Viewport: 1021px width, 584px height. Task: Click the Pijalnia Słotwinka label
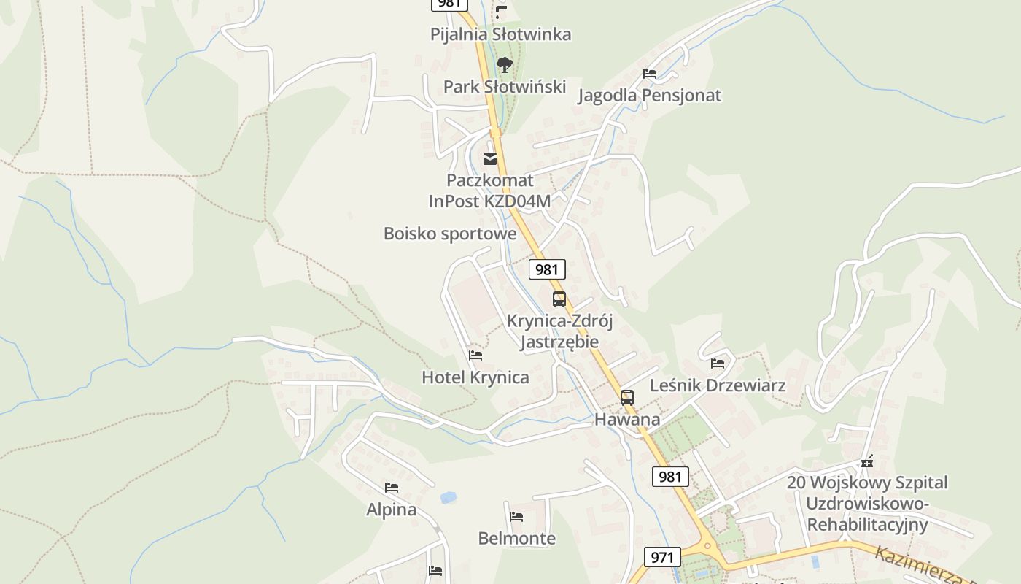500,34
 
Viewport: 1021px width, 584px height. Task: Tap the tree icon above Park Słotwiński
504,66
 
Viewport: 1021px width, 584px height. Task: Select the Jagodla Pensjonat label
649,96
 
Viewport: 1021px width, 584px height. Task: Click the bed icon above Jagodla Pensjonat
650,74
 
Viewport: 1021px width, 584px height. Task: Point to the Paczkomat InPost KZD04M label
489,191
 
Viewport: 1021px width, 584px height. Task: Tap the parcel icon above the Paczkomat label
490,158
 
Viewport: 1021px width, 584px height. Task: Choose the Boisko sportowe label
450,234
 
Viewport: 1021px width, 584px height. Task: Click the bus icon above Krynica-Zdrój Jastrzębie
559,299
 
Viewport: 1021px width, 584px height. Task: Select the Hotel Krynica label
475,377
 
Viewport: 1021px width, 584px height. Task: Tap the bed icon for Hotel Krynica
475,356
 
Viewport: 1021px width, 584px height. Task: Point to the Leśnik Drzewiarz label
718,385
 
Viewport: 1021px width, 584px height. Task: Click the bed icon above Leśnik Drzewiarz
718,363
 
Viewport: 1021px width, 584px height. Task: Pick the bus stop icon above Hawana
626,398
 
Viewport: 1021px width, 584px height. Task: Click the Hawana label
627,419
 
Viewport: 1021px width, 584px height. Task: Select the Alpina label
392,510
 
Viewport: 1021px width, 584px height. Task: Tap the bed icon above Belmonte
516,517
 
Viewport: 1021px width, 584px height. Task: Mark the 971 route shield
662,557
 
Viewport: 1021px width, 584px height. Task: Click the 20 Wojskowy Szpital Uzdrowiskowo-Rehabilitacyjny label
867,504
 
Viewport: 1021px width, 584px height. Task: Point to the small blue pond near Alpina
448,497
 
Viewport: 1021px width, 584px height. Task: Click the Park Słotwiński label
505,87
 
